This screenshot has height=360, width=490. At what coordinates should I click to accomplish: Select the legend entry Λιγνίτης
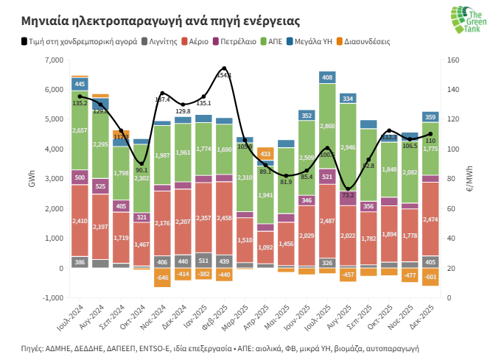163,41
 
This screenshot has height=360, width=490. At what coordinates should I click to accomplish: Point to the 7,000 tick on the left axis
53,60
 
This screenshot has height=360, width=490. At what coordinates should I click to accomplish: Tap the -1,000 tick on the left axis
52,298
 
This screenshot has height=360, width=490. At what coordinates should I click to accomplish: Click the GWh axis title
31,179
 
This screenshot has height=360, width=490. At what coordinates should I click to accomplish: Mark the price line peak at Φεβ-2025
224,68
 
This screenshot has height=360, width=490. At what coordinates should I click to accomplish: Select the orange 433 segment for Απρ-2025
265,154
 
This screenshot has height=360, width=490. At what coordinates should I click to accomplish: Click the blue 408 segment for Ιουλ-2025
326,77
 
